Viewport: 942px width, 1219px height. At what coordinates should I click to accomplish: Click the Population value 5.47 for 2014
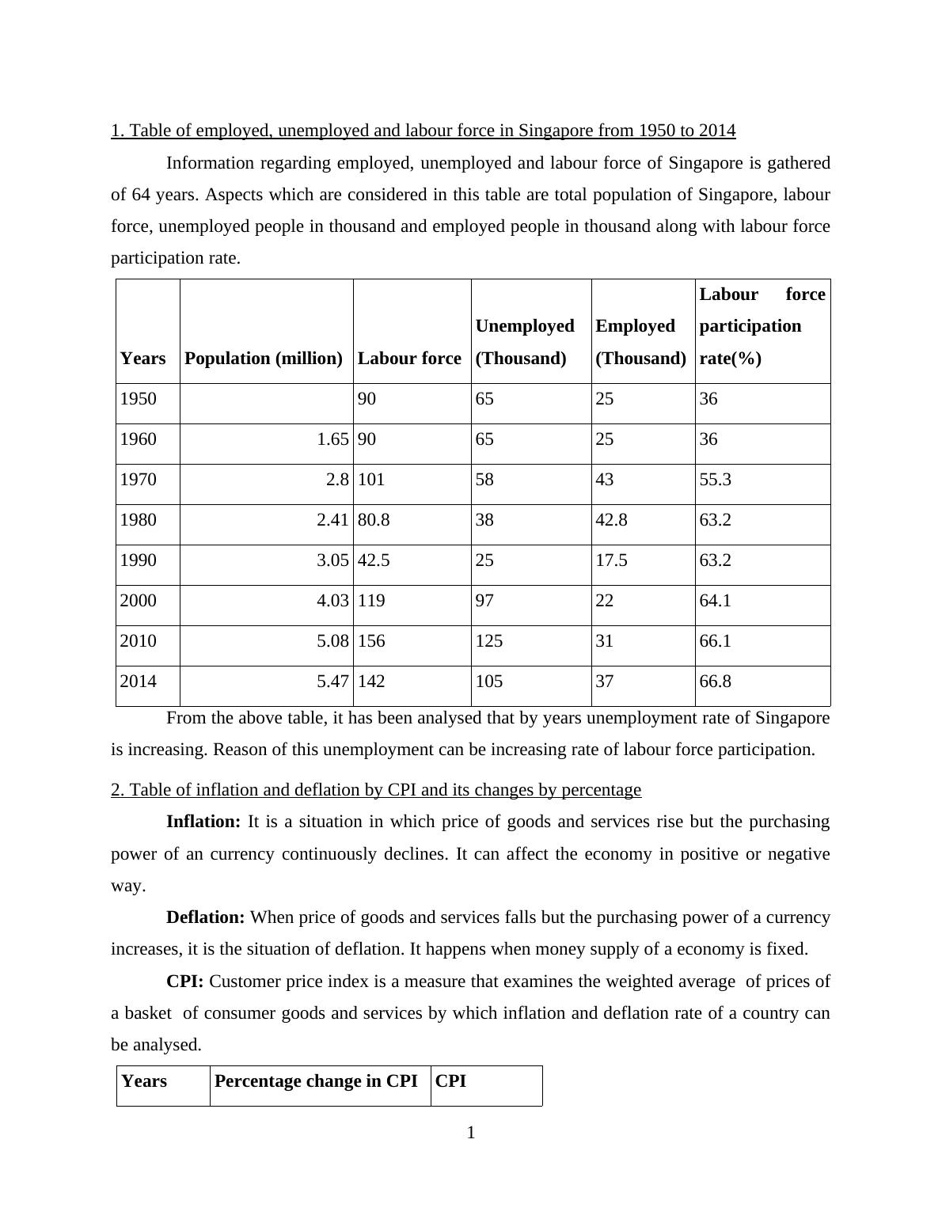[x=332, y=682]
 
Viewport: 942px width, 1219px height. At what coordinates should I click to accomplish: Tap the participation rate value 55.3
[x=715, y=480]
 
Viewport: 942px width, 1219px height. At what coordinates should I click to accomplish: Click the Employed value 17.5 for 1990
[x=611, y=560]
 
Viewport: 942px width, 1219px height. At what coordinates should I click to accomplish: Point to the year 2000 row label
[x=138, y=601]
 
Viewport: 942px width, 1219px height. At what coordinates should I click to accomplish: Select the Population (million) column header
[x=264, y=359]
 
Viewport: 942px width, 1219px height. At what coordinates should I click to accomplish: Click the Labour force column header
[x=409, y=359]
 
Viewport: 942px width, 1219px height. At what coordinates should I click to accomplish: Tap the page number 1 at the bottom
[x=471, y=1133]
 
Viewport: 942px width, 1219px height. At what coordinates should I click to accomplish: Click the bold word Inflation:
[x=203, y=822]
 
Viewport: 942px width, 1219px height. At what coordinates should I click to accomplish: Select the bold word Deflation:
[x=205, y=917]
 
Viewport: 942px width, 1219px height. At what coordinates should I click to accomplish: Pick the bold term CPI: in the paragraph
[x=184, y=982]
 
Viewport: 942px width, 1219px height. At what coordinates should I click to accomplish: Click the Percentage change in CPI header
[x=316, y=1081]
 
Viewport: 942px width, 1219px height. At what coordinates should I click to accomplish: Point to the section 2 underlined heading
[x=376, y=790]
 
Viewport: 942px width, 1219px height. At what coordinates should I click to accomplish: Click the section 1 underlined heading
[x=423, y=131]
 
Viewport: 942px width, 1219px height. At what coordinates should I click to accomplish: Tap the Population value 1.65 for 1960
[x=332, y=439]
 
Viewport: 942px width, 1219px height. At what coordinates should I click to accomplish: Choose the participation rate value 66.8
[x=715, y=682]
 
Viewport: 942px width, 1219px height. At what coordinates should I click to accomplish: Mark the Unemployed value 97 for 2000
[x=484, y=601]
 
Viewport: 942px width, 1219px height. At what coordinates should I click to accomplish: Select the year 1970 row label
[x=138, y=480]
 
